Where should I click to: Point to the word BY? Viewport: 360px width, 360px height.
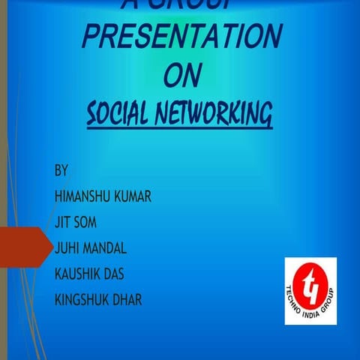(x=61, y=170)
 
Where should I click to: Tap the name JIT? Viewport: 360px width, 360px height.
(x=64, y=223)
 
